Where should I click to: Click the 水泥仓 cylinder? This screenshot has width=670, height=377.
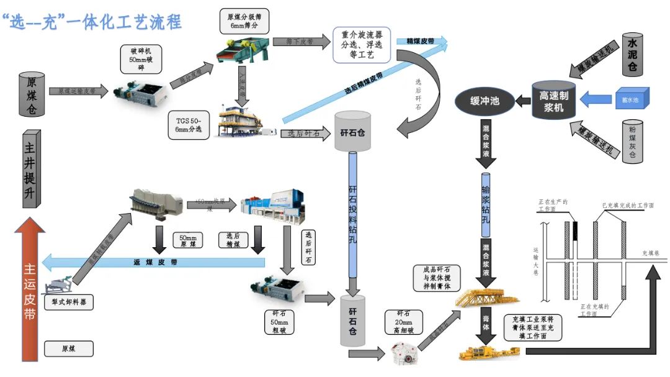[x=632, y=57]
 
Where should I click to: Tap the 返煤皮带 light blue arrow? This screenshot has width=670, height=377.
[x=155, y=261]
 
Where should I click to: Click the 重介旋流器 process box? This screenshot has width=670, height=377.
[x=361, y=45]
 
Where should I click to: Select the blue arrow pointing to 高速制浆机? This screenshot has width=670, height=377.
[x=596, y=99]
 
